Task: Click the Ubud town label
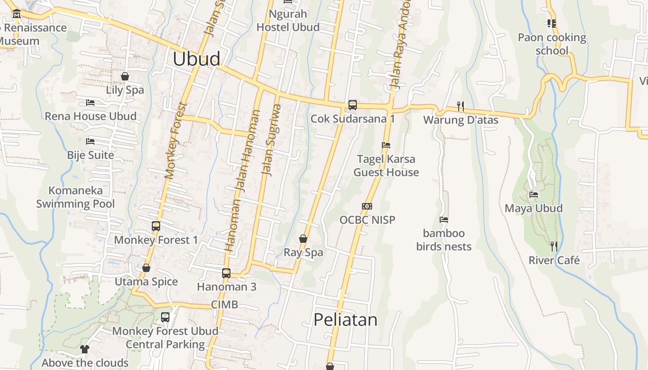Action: [196, 59]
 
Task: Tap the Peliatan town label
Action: [345, 320]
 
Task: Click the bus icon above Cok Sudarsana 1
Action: [353, 105]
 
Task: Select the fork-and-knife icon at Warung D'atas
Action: [461, 106]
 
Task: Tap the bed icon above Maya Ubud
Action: [534, 195]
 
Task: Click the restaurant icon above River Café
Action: [554, 246]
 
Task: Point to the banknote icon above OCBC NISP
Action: [367, 206]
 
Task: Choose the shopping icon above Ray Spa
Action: [303, 239]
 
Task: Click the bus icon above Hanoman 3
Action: [226, 273]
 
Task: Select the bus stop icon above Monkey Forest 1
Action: [156, 226]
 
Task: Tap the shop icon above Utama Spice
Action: [146, 268]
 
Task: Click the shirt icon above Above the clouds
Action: [84, 349]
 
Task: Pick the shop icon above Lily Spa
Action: [125, 76]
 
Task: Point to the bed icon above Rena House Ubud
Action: [90, 103]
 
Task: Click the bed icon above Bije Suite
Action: [90, 141]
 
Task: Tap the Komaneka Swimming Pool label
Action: [75, 197]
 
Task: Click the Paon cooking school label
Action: [552, 44]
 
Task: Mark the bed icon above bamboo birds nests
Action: [444, 220]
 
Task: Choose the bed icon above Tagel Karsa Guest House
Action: [386, 145]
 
